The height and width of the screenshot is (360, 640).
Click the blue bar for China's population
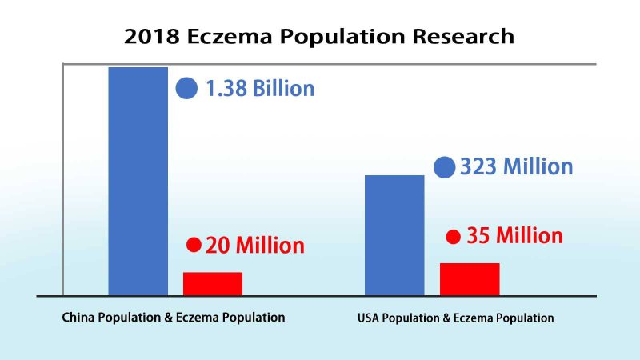point(138,181)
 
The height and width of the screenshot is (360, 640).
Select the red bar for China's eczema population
point(213,284)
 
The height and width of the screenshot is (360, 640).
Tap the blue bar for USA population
point(394,235)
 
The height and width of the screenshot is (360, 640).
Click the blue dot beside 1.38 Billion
point(186,88)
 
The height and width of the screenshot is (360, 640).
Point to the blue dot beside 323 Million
point(445,167)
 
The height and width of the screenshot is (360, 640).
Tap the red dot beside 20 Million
point(194,244)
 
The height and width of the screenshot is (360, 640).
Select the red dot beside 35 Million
point(453,236)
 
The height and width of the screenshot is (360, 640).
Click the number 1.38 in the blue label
point(226,88)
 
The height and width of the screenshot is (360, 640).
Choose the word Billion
point(284,88)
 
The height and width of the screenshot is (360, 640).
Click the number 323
point(478,167)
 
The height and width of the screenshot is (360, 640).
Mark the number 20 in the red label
point(218,245)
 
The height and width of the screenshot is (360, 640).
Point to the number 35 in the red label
point(478,236)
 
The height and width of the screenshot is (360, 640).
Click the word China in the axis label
point(80,317)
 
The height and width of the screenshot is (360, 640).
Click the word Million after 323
point(536,167)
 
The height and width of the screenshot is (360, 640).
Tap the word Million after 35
point(529,236)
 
